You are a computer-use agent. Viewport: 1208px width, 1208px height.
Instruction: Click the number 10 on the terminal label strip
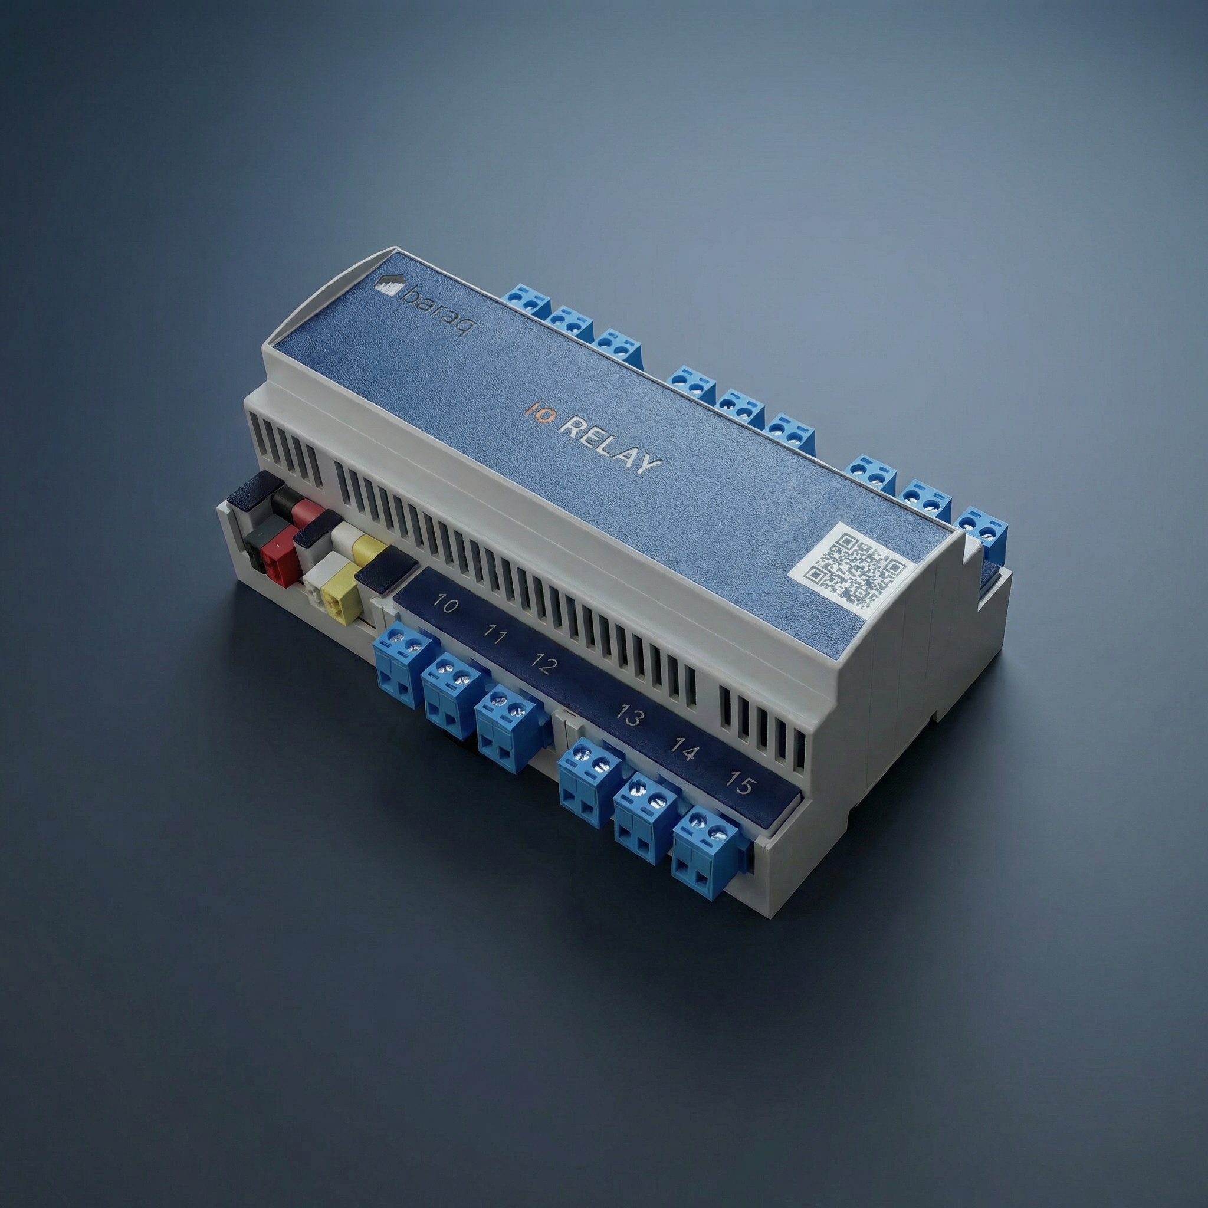[445, 605]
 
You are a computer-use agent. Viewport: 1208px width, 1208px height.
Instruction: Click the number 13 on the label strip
[629, 715]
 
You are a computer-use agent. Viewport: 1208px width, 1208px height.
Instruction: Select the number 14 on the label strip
[684, 748]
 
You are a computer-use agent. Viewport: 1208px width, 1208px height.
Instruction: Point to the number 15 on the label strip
[741, 783]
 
